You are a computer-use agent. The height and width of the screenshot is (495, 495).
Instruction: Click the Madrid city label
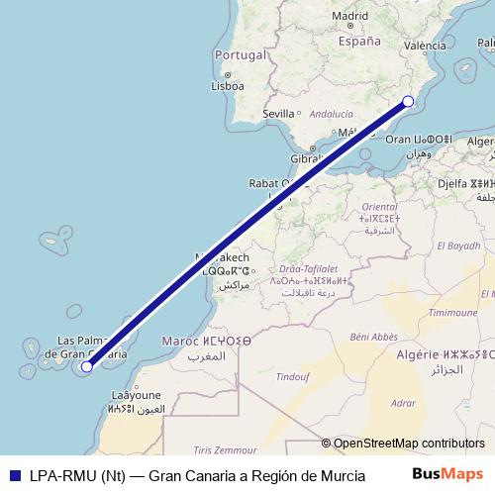pos(349,16)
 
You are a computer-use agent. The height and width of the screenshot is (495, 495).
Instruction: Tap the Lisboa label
pos(227,85)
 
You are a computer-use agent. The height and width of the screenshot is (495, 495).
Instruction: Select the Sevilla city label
pos(279,114)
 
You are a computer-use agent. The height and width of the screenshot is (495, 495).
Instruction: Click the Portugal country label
pos(242,54)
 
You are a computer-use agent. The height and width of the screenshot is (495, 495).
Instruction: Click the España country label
pos(359,42)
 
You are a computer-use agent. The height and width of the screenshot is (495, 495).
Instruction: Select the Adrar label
pos(403,403)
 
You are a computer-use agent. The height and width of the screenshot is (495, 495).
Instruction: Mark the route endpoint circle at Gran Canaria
pos(86,366)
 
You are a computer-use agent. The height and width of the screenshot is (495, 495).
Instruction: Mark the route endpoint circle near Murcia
pos(408,101)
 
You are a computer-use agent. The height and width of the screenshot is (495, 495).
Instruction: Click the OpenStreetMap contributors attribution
pos(409,444)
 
